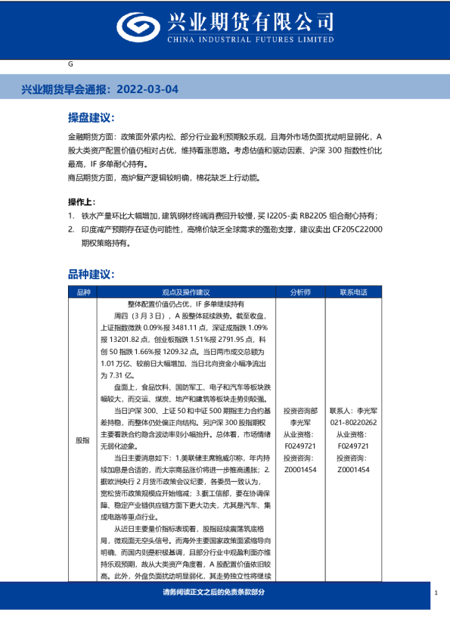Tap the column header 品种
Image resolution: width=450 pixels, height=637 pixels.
(82, 291)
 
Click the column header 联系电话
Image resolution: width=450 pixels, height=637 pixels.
(353, 291)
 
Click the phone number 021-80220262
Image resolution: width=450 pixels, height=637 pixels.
(353, 423)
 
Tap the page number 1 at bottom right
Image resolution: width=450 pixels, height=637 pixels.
(436, 593)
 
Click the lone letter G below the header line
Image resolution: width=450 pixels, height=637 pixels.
(70, 64)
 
